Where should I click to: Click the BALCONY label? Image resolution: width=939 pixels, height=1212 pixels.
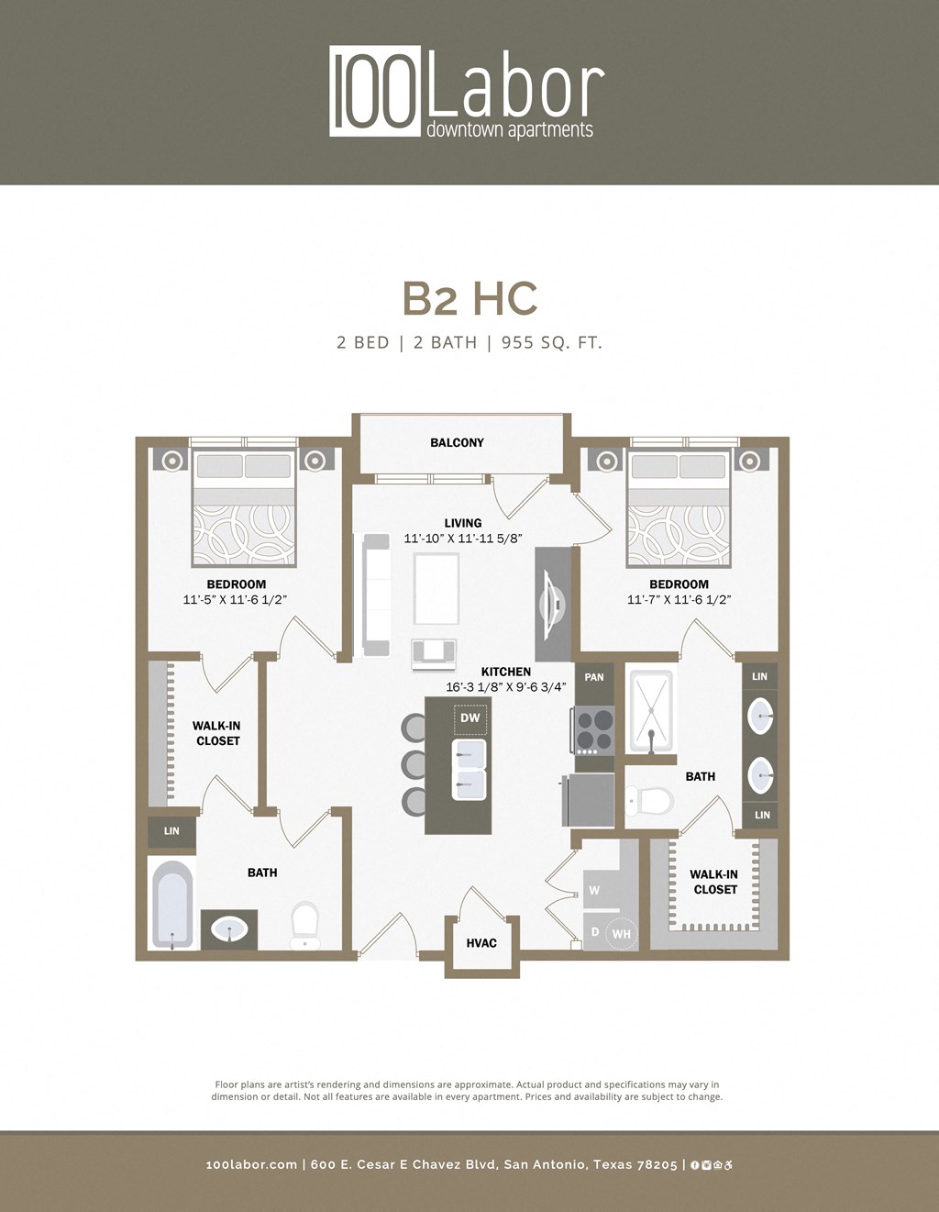(x=457, y=442)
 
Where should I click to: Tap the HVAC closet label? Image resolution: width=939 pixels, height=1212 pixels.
(x=481, y=942)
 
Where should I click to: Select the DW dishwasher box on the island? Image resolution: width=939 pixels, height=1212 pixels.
(x=470, y=717)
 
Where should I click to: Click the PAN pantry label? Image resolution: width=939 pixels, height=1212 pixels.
(x=594, y=677)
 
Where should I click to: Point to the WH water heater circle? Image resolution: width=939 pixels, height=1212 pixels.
(x=621, y=934)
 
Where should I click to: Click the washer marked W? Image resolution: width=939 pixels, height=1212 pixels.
(x=595, y=890)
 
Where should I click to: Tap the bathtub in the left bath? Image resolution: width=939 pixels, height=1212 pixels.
(x=171, y=904)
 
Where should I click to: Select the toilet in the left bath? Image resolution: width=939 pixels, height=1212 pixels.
(x=304, y=924)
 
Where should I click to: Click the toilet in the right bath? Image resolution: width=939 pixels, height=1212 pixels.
(x=650, y=800)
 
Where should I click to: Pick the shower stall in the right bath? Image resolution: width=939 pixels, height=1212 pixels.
(x=650, y=710)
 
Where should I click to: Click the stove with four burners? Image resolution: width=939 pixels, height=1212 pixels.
(x=594, y=730)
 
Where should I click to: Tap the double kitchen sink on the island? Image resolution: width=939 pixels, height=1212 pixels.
(x=469, y=769)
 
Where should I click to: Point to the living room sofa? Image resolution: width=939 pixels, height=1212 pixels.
(x=377, y=595)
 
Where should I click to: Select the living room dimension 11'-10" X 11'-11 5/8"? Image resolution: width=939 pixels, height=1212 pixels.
(x=462, y=539)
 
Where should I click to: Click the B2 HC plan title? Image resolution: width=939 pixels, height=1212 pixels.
(x=469, y=298)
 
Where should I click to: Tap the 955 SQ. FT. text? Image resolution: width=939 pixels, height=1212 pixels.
(x=551, y=343)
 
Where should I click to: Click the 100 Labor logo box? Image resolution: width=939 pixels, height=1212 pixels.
(x=376, y=92)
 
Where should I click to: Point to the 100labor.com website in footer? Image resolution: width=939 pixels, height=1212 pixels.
(x=251, y=1164)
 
